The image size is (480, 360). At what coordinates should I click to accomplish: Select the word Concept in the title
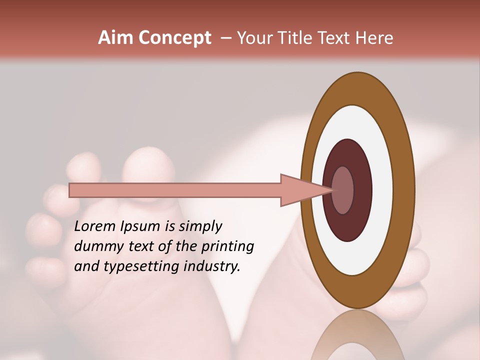[x=174, y=38]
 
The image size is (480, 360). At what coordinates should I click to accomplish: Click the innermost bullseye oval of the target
[x=342, y=190]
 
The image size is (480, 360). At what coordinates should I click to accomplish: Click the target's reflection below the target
[x=357, y=340]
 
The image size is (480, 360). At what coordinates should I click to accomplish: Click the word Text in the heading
[x=340, y=38]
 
